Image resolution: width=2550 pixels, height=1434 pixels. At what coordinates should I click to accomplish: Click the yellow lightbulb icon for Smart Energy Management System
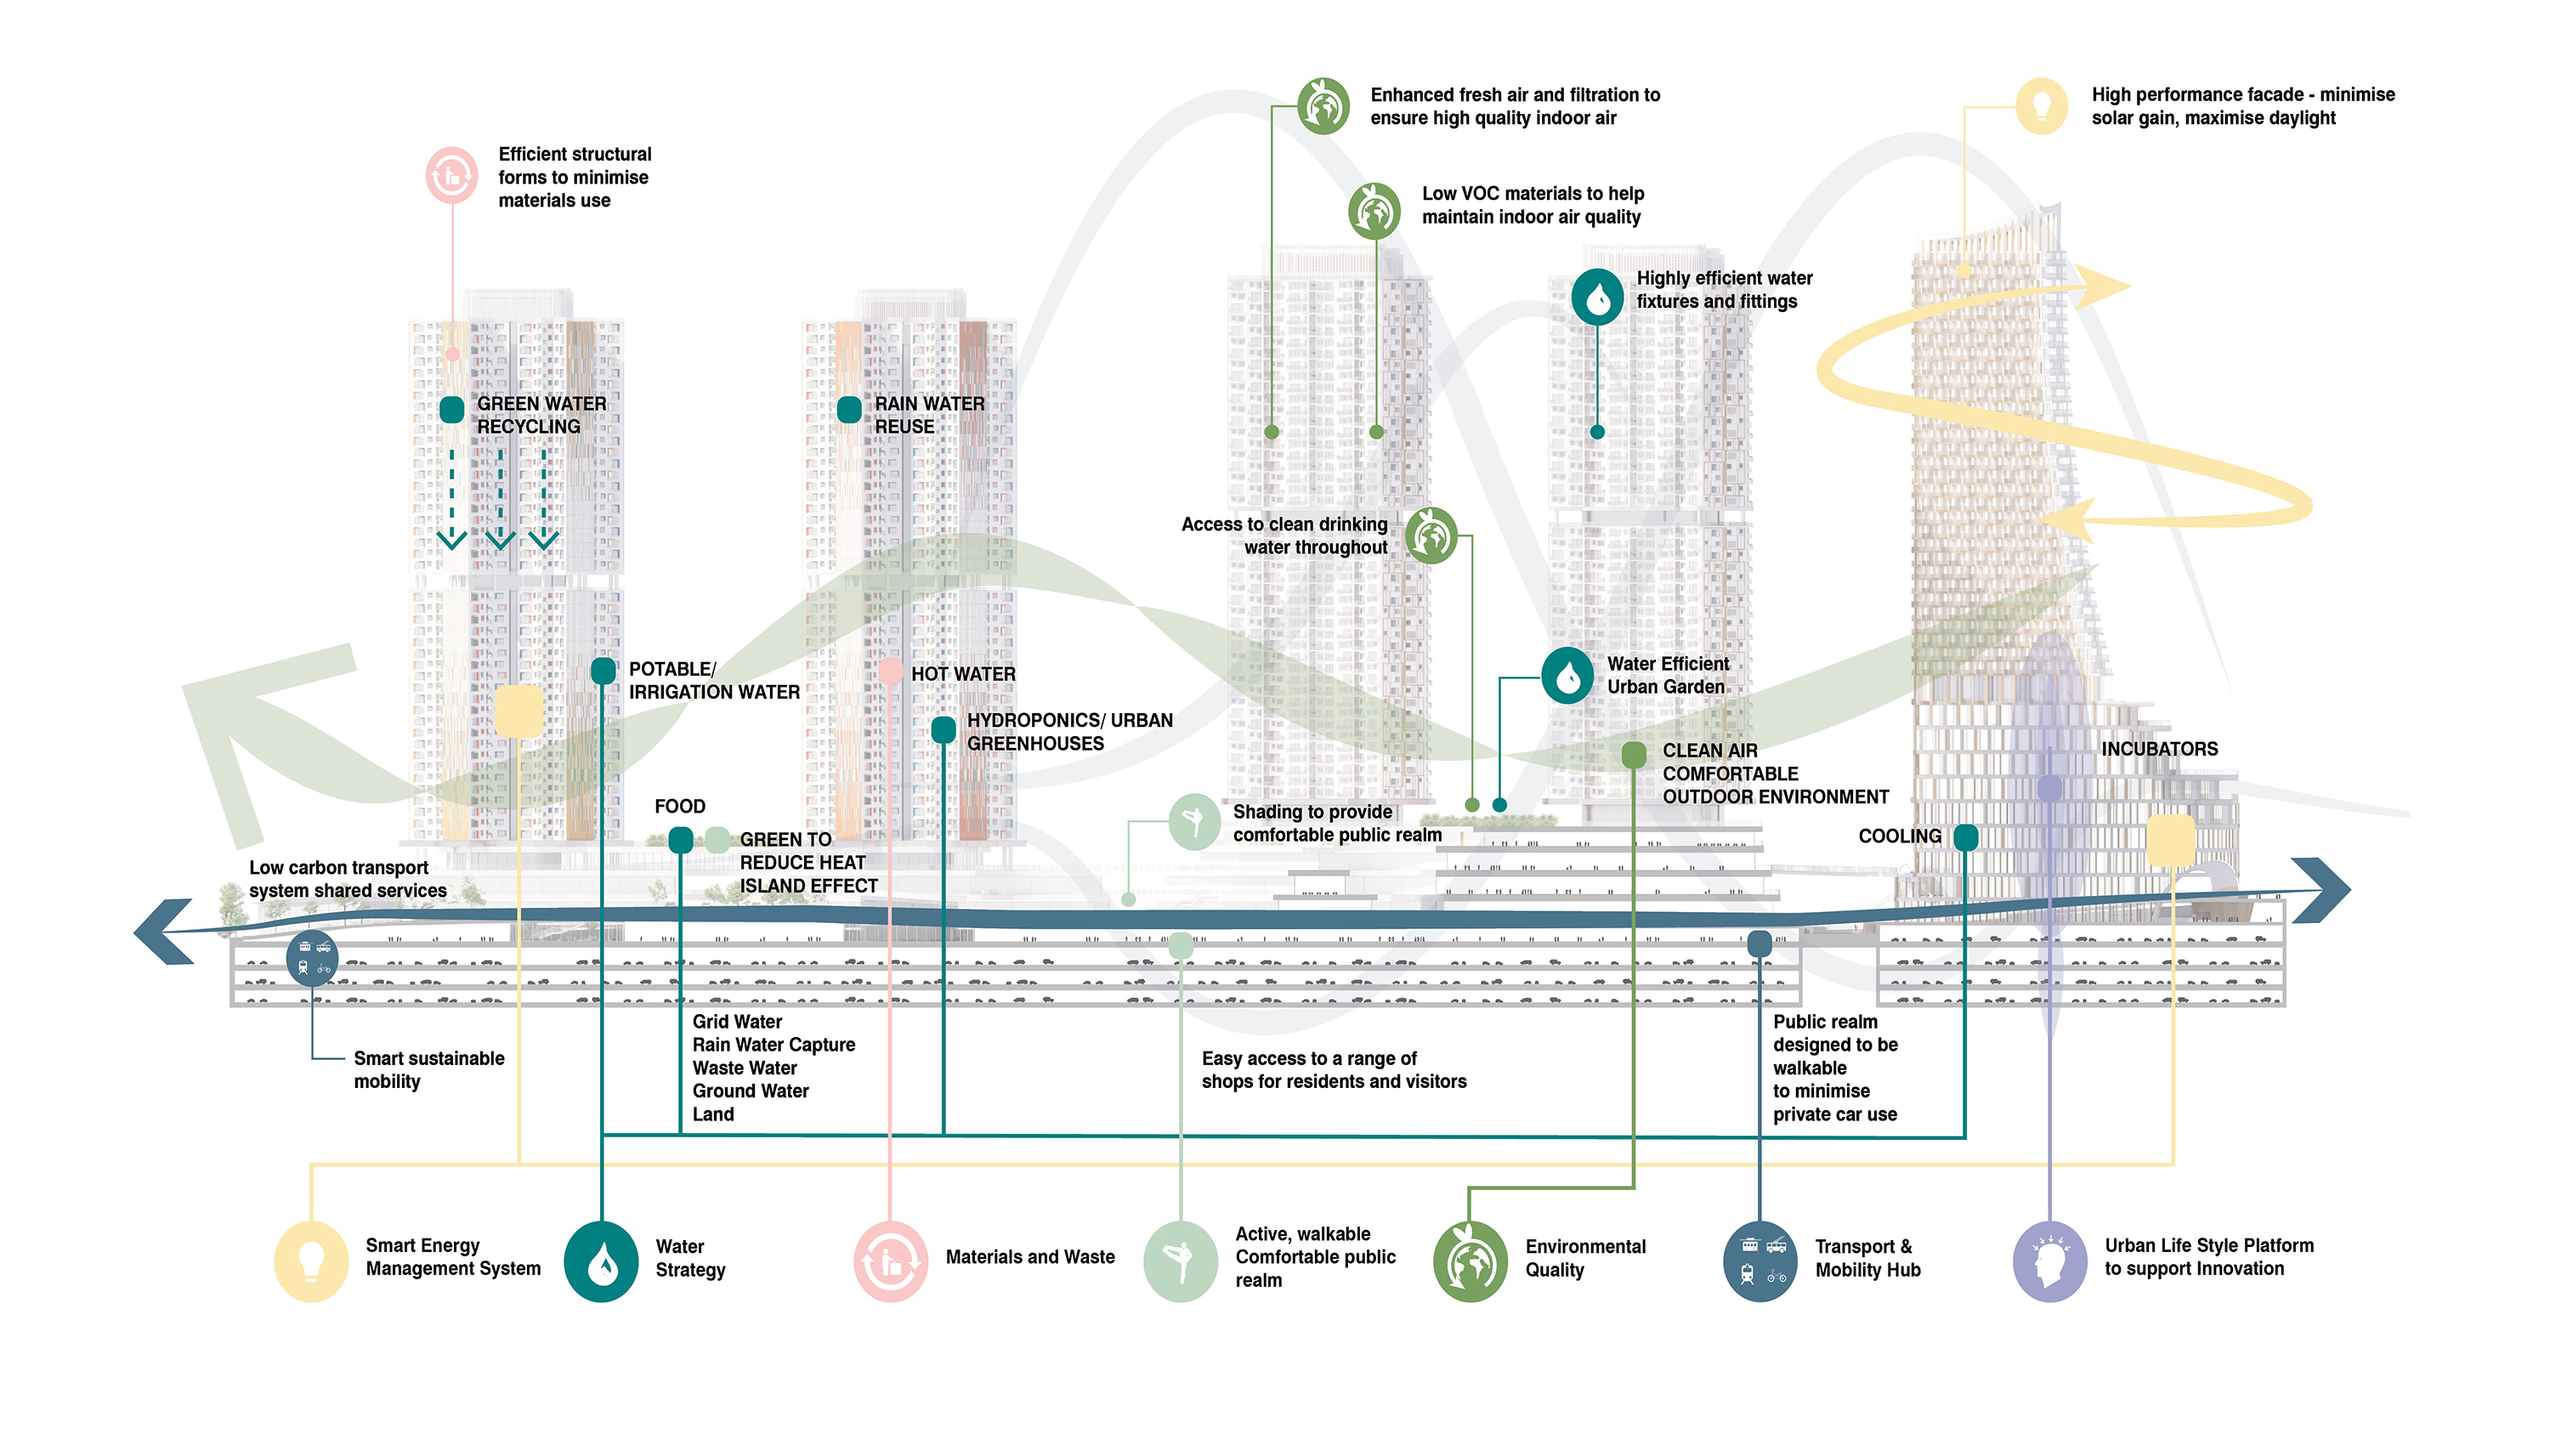311,1260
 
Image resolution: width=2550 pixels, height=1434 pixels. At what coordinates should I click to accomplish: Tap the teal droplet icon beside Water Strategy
601,1260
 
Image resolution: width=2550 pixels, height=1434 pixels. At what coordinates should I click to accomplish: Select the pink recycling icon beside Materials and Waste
890,1260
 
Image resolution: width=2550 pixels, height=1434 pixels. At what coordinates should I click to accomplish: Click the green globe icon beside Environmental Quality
1469,1260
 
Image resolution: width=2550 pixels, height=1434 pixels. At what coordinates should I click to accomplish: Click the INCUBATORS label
2159,749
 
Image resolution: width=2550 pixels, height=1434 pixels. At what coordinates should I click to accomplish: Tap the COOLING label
1899,836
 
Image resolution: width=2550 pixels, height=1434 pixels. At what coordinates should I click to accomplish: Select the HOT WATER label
962,674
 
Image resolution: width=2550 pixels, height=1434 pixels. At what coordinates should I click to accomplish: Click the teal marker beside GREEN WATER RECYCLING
451,409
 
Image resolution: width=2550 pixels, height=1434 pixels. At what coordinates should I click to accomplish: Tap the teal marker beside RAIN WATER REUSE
848,409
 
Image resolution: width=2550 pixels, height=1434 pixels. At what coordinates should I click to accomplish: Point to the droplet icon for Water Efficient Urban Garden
1567,676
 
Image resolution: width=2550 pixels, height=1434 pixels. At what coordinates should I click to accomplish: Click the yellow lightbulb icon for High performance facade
2041,105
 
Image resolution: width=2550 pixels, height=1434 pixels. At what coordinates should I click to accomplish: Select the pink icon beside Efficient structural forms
451,176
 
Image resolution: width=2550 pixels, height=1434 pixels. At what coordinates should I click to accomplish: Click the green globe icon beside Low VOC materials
1374,209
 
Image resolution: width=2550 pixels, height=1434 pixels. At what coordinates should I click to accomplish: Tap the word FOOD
679,807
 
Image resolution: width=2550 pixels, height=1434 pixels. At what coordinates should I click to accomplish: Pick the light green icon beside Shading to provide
1194,820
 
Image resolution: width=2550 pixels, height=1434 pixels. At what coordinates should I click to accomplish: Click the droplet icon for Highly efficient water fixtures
1596,296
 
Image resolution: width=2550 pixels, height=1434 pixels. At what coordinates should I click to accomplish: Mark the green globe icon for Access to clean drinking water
1431,536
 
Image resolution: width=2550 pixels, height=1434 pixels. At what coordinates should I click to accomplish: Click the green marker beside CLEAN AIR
1634,755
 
